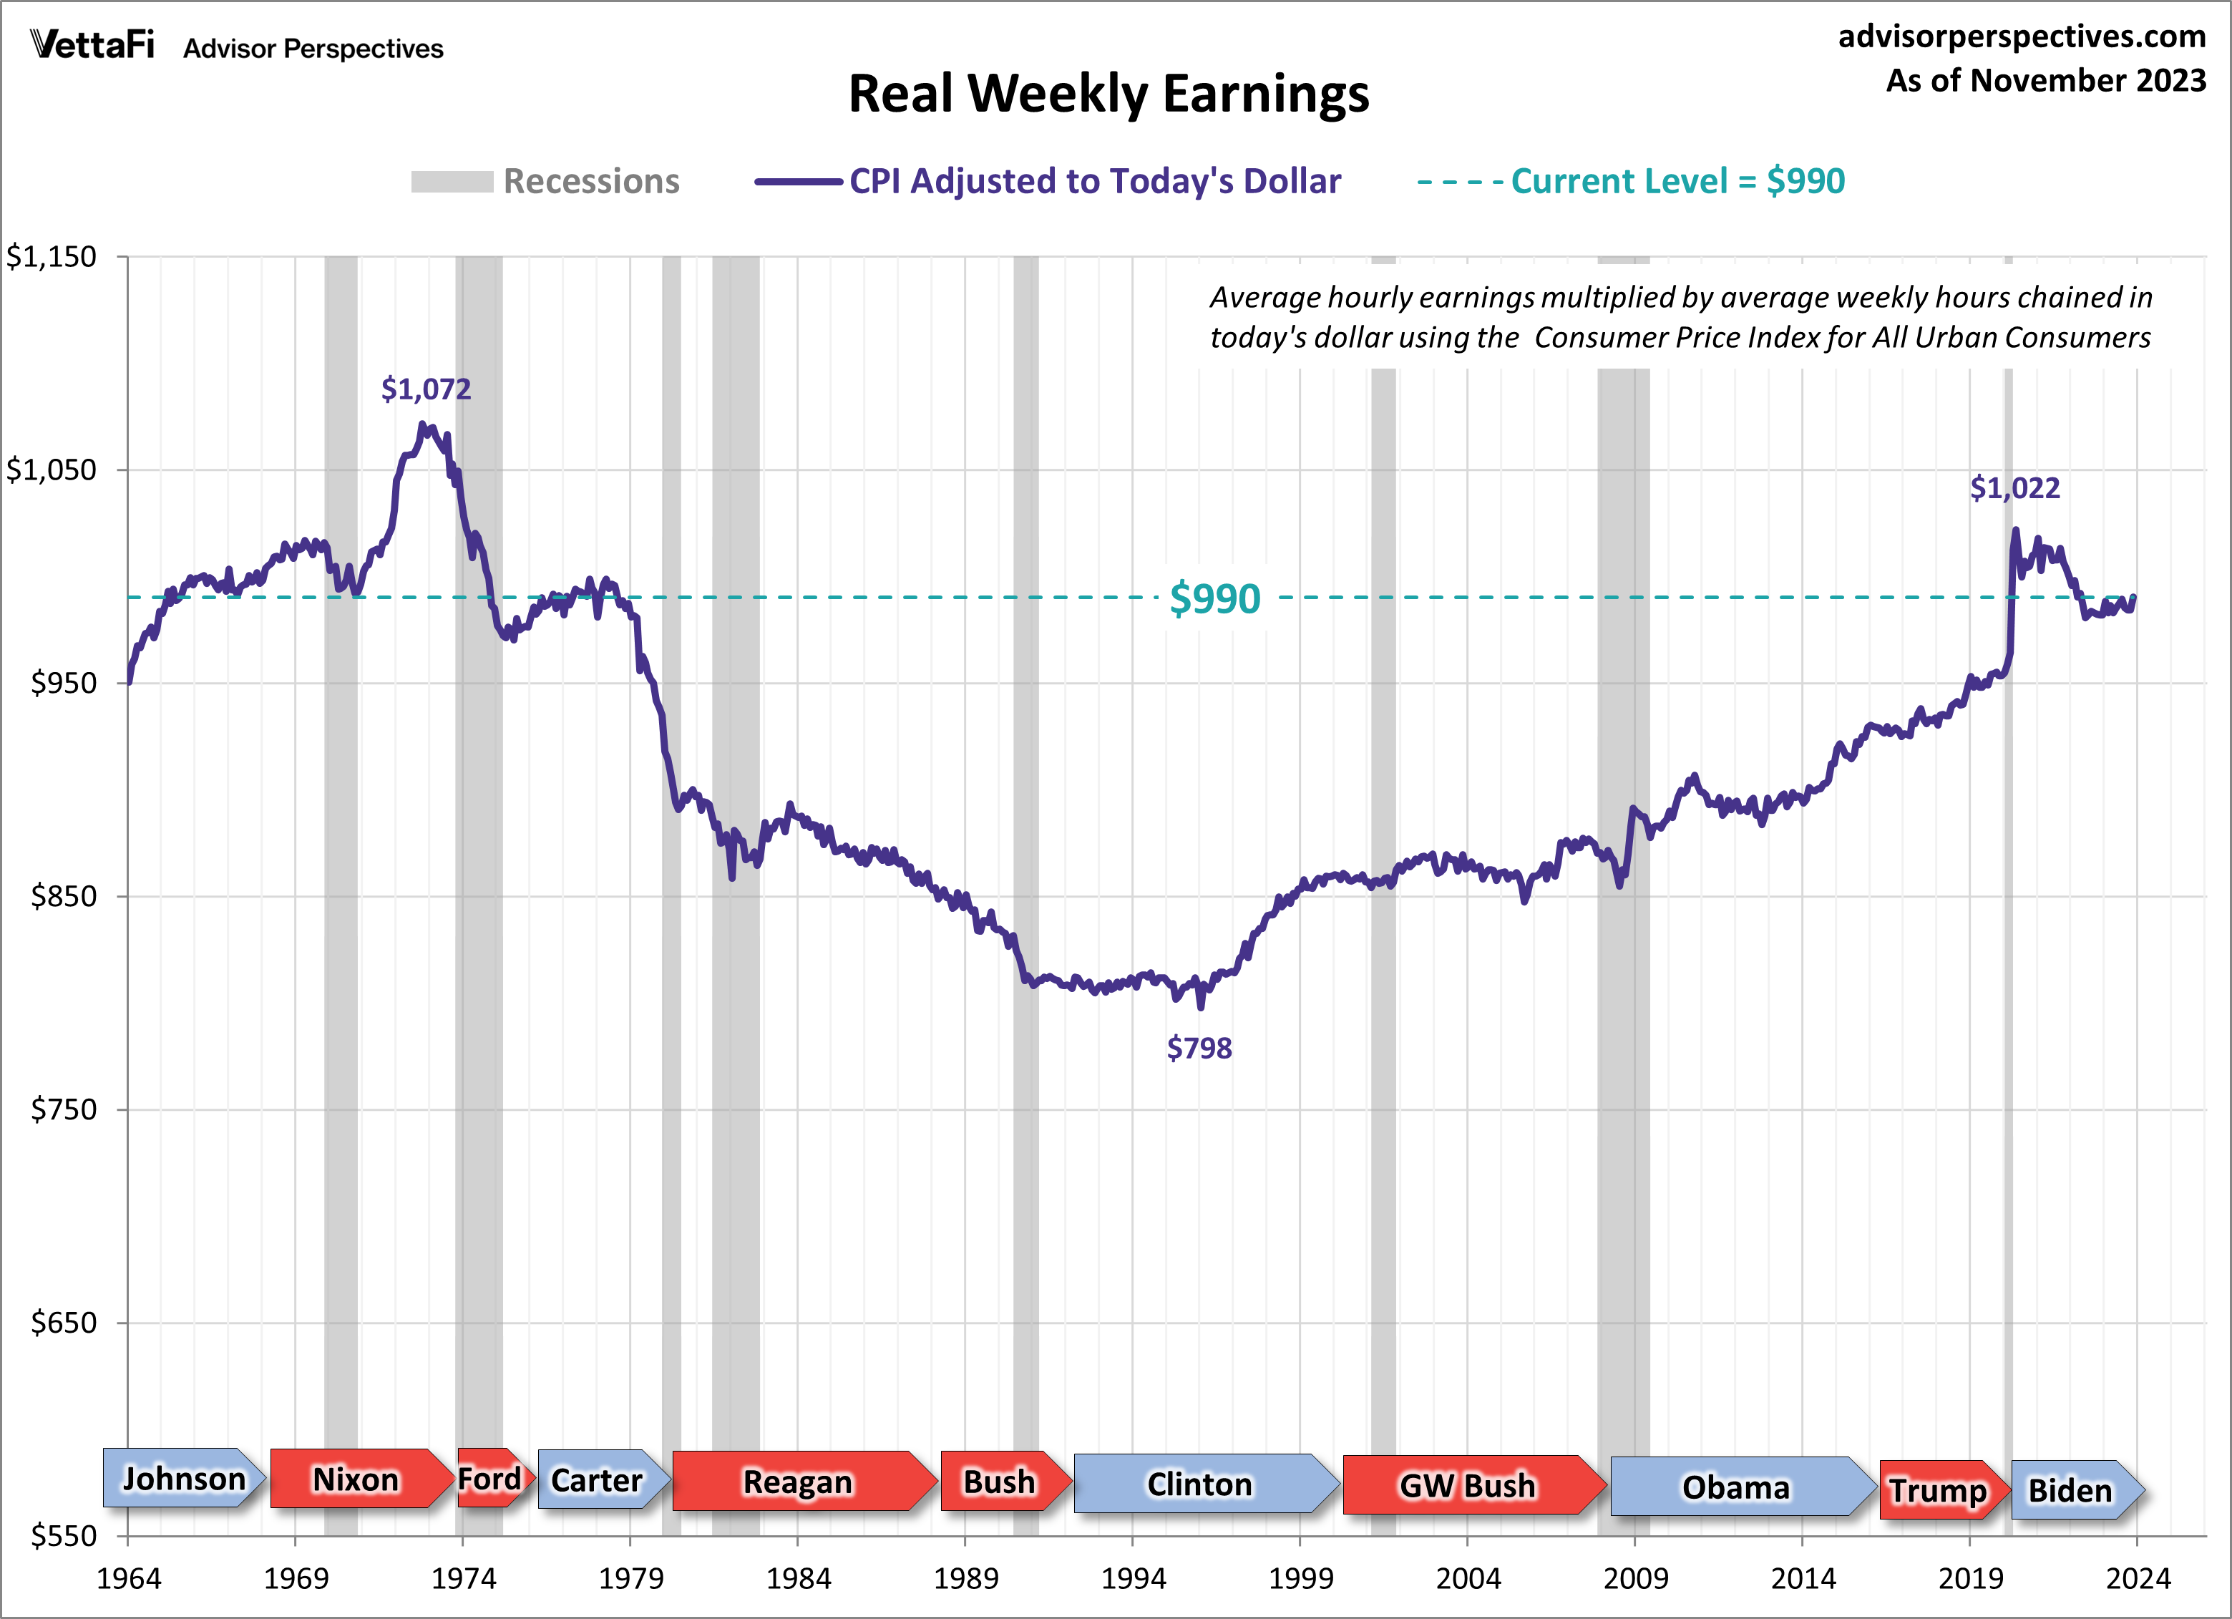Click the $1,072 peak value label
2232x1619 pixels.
(426, 389)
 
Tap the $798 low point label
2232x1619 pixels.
(1199, 1048)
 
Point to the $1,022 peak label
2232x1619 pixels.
(2014, 488)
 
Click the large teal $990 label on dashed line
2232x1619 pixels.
(1214, 598)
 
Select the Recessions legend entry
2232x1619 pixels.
(546, 181)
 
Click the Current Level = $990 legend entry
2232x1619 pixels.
(1631, 181)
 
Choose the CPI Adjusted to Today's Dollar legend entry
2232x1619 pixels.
(1048, 181)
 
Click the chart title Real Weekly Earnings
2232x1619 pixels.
(1108, 94)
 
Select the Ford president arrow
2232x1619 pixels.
(493, 1478)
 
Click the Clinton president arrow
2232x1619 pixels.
(1202, 1483)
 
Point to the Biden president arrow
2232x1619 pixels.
(2072, 1490)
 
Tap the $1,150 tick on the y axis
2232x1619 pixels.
(52, 257)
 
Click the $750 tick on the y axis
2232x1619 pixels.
(63, 1109)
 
